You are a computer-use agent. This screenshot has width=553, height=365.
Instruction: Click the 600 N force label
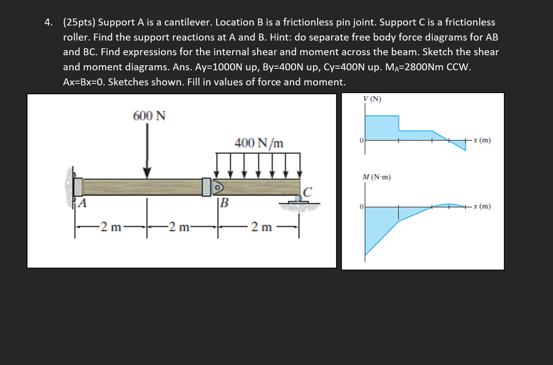click(149, 116)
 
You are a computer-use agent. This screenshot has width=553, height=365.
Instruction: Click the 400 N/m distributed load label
click(259, 143)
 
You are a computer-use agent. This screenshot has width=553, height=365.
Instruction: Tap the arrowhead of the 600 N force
click(147, 173)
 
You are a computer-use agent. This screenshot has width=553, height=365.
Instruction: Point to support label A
click(82, 203)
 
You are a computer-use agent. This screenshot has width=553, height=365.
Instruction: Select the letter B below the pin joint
click(224, 203)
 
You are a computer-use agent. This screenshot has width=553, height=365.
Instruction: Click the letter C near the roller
click(307, 192)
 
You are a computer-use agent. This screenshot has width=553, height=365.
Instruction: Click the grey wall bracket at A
click(78, 187)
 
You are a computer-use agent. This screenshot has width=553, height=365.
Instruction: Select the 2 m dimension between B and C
click(261, 227)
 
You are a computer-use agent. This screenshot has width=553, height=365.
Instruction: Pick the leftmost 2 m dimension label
click(111, 227)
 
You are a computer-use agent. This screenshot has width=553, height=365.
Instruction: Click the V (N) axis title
click(372, 99)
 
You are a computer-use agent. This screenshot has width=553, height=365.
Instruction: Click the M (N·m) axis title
click(376, 177)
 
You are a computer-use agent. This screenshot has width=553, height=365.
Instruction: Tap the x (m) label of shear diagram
click(482, 140)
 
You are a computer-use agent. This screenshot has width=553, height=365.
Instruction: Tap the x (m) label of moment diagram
click(482, 206)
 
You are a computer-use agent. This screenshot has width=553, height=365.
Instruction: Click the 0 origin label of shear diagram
click(361, 141)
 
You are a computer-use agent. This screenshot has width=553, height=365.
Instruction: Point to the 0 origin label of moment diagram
click(361, 207)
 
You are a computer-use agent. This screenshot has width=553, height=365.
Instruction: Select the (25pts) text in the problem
click(79, 22)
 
